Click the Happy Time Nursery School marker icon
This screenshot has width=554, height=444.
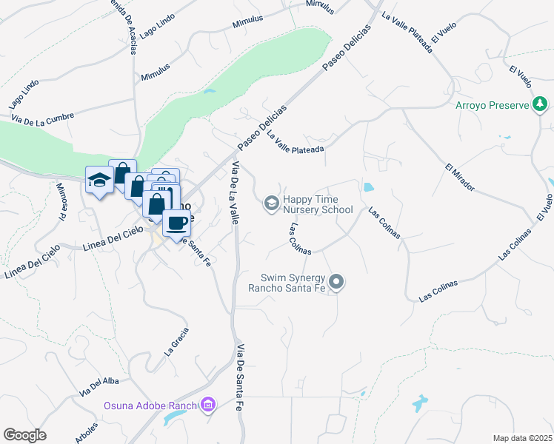pyautogui.click(x=272, y=202)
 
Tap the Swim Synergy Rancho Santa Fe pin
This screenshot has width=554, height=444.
pyautogui.click(x=337, y=282)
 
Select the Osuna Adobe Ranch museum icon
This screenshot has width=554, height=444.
pyautogui.click(x=208, y=405)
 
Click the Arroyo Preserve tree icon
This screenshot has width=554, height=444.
pyautogui.click(x=541, y=106)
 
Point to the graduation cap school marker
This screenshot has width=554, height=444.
pyautogui.click(x=99, y=180)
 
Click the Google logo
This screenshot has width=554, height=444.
pyautogui.click(x=24, y=435)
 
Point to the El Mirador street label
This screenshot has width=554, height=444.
pyautogui.click(x=459, y=176)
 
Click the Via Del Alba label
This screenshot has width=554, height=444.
pyautogui.click(x=98, y=383)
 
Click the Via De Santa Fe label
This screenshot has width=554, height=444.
pyautogui.click(x=240, y=377)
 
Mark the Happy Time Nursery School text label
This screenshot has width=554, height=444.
pyautogui.click(x=318, y=204)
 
